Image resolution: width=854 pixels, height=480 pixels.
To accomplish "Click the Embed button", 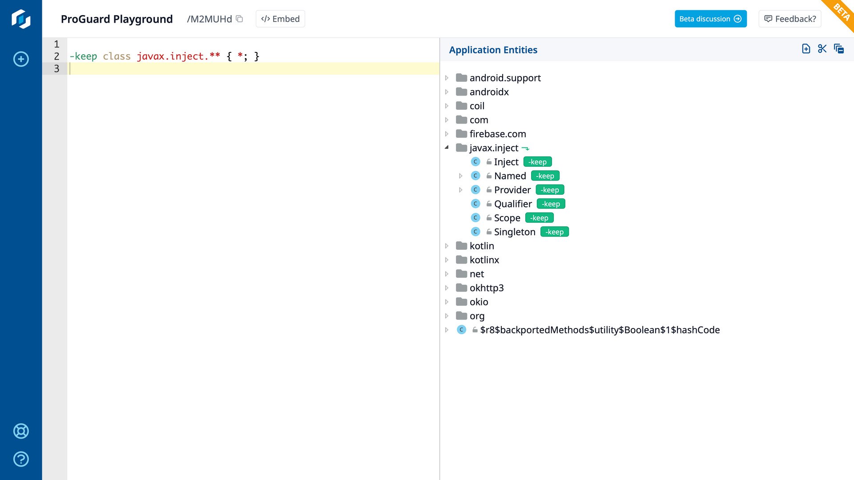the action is point(280,19).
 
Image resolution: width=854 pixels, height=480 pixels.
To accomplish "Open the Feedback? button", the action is point(790,19).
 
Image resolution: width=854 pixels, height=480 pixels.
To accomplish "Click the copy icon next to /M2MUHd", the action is point(239,19).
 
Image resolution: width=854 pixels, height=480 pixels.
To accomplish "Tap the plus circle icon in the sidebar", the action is point(21,59).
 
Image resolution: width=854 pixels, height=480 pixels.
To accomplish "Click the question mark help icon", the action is point(21,459).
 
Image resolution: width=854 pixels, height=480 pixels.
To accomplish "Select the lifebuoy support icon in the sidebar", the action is point(21,431).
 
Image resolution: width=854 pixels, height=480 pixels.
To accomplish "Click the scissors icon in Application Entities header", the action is point(822,49).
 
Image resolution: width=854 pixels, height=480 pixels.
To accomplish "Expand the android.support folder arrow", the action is point(447,78).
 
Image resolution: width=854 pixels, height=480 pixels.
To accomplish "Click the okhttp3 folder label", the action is point(487,288).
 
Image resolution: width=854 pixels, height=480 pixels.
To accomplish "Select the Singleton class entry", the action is point(515,232).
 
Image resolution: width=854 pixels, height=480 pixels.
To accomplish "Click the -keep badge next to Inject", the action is point(537,162).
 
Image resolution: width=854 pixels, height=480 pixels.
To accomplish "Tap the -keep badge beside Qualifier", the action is point(551,204).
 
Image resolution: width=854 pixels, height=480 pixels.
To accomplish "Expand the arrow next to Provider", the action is point(460,190).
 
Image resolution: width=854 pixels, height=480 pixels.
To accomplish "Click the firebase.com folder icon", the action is point(461,134).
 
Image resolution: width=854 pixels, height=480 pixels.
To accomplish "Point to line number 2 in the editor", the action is point(56,56).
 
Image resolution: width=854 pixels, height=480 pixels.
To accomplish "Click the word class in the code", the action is point(117,56).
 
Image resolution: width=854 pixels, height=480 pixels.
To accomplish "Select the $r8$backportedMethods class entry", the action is point(600,330).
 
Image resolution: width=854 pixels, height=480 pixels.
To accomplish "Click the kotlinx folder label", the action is point(484,260).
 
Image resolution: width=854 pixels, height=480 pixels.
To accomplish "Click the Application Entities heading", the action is point(493,50).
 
